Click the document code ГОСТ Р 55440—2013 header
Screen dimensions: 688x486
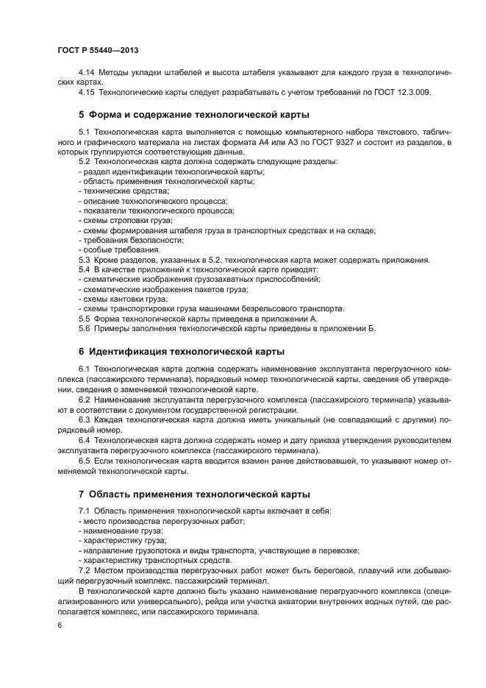(98, 50)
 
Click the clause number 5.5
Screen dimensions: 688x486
(85, 319)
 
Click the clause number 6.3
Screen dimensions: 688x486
(85, 419)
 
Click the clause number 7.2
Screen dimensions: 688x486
(85, 570)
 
